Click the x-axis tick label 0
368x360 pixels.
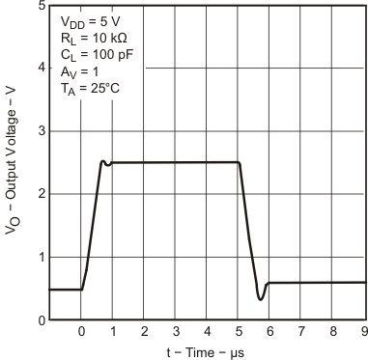coord(81,332)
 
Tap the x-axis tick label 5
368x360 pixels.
coord(238,332)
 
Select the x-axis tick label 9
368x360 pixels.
coord(363,332)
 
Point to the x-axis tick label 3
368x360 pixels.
coord(175,332)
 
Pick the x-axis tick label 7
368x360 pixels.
coord(300,332)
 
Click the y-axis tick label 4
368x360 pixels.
coord(39,68)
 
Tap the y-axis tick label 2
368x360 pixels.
coord(39,194)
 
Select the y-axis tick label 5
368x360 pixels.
coord(39,6)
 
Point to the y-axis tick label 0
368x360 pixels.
coord(39,319)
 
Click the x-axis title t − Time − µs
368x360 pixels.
coord(207,351)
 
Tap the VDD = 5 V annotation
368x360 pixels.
coord(91,20)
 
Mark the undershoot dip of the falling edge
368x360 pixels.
coord(261,299)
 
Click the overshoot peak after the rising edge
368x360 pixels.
coord(102,161)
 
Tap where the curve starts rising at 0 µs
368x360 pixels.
coord(82,289)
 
